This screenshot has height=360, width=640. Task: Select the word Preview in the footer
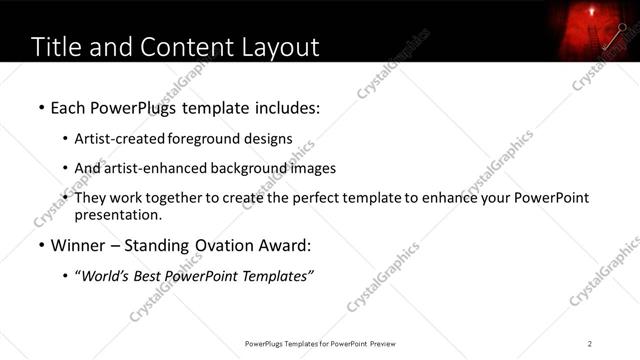pyautogui.click(x=389, y=343)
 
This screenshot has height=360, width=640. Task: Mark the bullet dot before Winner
pyautogui.click(x=40, y=245)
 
